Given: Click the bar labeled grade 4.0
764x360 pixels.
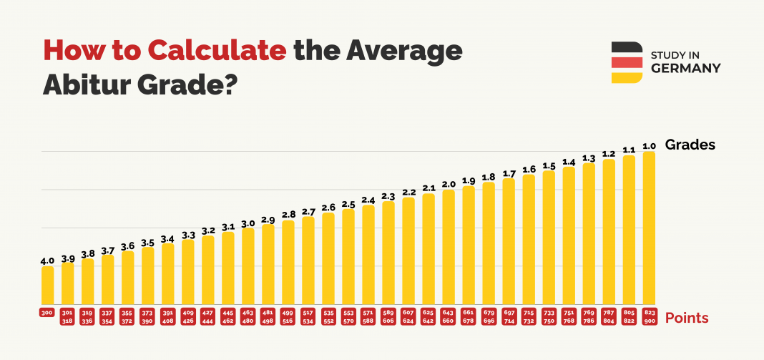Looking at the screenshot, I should tap(47, 285).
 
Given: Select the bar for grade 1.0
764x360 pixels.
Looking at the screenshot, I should tap(649, 227).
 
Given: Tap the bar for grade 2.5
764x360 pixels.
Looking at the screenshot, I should tap(348, 256).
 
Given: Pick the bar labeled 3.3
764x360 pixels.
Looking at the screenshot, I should tap(188, 271).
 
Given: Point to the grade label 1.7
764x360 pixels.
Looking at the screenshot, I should tap(509, 173).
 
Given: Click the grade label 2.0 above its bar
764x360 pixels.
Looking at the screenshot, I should tap(449, 185).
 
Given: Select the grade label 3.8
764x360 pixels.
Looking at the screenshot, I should tap(87, 253).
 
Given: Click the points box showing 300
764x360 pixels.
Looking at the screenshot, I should tap(47, 313).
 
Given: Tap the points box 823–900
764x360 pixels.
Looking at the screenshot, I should tap(649, 317).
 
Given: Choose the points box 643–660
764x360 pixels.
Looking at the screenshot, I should tap(449, 317).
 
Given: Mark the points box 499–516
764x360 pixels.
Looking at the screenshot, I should tap(288, 317).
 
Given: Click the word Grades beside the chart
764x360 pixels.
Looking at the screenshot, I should tap(690, 145).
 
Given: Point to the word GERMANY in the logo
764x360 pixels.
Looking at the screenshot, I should tap(685, 68).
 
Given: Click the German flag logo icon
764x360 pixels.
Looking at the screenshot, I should tap(626, 62).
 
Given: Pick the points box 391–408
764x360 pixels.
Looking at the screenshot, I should tap(168, 317).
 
